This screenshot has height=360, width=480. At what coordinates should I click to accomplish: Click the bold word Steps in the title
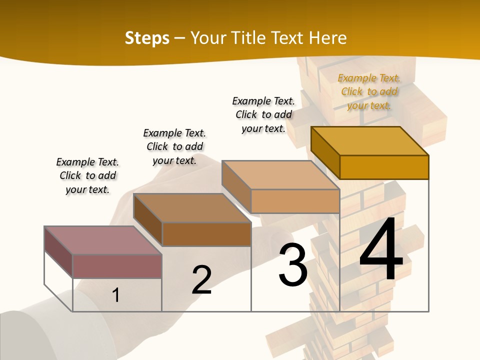pyautogui.click(x=147, y=38)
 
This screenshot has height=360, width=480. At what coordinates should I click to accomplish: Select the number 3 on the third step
pyautogui.click(x=292, y=264)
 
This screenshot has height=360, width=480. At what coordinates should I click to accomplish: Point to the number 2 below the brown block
pyautogui.click(x=201, y=279)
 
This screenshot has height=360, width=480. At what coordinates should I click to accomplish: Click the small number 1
pyautogui.click(x=116, y=295)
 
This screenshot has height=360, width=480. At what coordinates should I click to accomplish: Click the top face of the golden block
pyautogui.click(x=369, y=141)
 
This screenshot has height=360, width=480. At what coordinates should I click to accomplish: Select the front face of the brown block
pyautogui.click(x=206, y=234)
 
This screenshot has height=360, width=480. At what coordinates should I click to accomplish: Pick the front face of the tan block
pyautogui.click(x=295, y=201)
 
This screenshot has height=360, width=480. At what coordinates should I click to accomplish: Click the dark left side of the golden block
pyautogui.click(x=325, y=152)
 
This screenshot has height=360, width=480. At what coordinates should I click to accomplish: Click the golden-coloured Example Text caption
pyautogui.click(x=369, y=91)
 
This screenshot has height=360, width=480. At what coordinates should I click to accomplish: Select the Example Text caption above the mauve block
pyautogui.click(x=87, y=175)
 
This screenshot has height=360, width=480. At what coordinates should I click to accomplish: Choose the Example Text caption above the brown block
pyautogui.click(x=174, y=146)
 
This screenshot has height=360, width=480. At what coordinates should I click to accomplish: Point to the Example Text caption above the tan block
pyautogui.click(x=263, y=114)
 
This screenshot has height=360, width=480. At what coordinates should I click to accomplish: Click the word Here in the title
pyautogui.click(x=327, y=38)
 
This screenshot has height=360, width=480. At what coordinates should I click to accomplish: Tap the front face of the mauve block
pyautogui.click(x=117, y=266)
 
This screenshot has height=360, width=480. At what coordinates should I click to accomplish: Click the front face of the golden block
pyautogui.click(x=384, y=167)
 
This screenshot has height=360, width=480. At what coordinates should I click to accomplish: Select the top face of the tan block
pyautogui.click(x=280, y=175)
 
